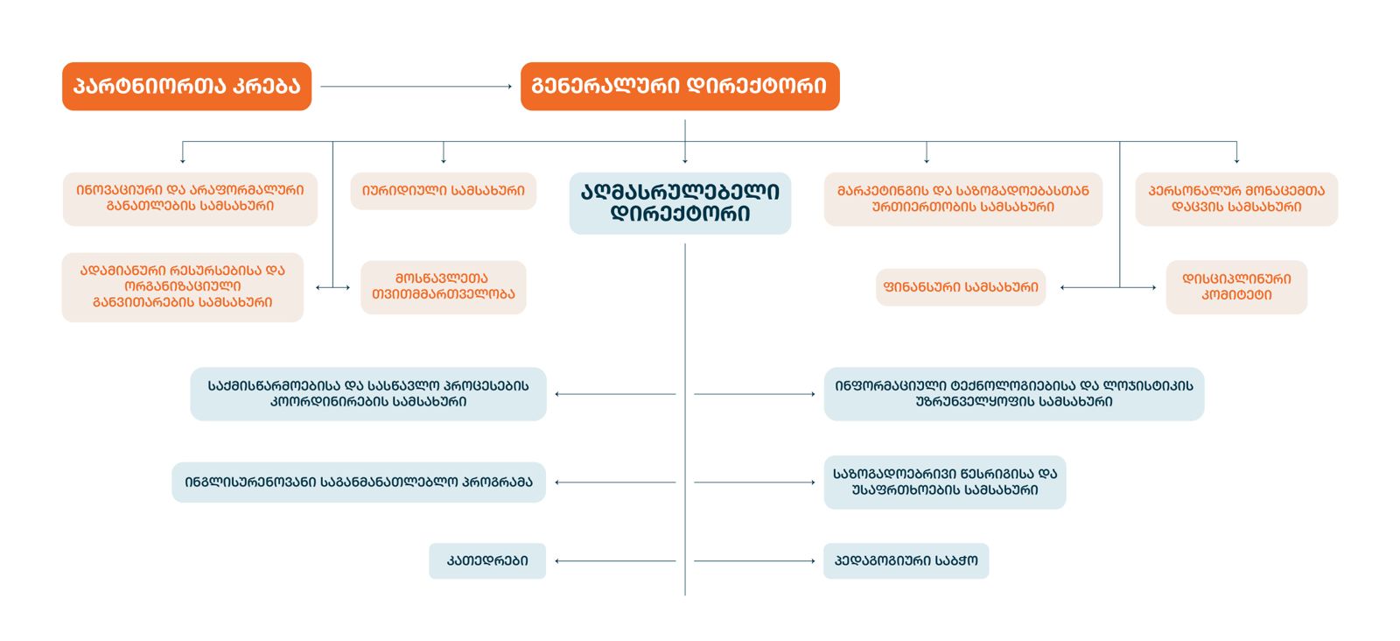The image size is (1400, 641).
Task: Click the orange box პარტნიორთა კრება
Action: [x=186, y=86]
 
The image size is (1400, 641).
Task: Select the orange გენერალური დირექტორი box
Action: [x=680, y=86]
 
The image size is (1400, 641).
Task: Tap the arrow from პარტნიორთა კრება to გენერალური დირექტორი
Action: [x=416, y=87]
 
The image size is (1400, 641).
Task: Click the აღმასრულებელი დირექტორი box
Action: [x=680, y=203]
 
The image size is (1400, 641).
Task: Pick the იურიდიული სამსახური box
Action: [x=443, y=191]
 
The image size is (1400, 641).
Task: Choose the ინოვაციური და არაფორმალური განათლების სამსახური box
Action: [x=190, y=199]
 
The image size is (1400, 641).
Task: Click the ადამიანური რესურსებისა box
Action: [x=182, y=287]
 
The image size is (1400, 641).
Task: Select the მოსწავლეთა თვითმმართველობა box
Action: [x=443, y=287]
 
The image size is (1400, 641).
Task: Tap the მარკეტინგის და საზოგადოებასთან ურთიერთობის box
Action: [x=962, y=199]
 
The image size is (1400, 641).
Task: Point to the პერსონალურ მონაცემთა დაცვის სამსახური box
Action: [x=1236, y=199]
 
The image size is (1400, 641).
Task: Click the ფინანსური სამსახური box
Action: [x=961, y=287]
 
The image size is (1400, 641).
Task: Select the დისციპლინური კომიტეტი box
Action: [x=1236, y=287]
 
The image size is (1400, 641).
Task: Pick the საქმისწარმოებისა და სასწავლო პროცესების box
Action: [x=368, y=394]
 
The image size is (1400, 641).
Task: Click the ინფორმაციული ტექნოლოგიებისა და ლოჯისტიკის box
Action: [x=1013, y=394]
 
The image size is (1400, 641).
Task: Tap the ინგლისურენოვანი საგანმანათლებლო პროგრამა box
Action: [x=359, y=483]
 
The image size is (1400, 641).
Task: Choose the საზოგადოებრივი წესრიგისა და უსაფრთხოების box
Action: [x=945, y=483]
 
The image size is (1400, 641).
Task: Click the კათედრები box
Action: [x=487, y=561]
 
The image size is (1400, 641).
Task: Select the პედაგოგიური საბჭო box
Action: [x=906, y=561]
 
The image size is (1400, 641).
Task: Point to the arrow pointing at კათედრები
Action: [x=615, y=561]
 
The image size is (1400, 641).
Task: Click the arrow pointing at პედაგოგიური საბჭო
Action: [x=754, y=561]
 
